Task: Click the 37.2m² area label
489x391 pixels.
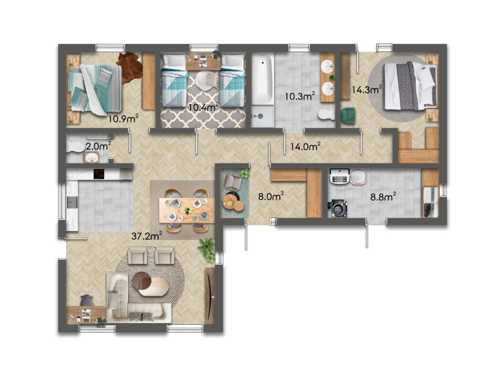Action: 147,236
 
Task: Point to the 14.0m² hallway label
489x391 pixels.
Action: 305,146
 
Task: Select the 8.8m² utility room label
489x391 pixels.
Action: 383,197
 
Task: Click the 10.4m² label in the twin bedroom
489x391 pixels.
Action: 203,107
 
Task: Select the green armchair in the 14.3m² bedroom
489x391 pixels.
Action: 348,116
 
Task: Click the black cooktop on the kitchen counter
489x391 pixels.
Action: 99,174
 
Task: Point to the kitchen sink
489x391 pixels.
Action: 72,202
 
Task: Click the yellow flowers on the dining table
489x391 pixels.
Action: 187,210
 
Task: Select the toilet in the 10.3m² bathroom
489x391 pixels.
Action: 326,115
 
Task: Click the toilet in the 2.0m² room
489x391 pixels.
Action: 75,147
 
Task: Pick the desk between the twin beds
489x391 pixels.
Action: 203,62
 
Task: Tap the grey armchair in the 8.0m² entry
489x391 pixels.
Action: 233,182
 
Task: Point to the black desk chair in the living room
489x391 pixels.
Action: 87,301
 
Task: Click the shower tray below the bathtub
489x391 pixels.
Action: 263,116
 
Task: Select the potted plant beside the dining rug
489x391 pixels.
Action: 207,249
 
